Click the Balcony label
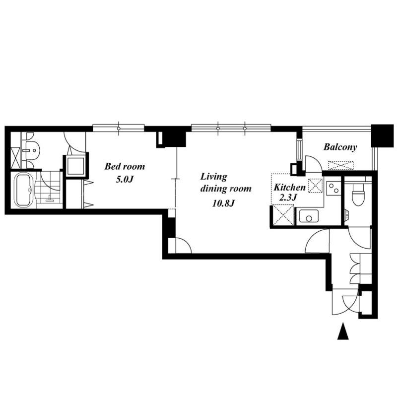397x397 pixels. pos(340,147)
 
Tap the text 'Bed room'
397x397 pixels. pos(125,166)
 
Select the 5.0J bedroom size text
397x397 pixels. pos(125,179)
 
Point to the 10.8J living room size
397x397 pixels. pos(224,203)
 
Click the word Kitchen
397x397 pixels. pos(290,188)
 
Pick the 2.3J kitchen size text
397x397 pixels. pos(288,197)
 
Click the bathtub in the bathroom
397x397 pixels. pos(25,190)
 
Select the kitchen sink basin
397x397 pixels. pos(309,216)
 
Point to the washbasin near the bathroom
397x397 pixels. pos(32,150)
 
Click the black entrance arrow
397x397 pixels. pos(343,331)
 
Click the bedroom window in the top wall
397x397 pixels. pos(119,128)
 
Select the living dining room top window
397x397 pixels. pos(231,128)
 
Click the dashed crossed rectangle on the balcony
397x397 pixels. pos(341,165)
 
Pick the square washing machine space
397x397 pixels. pos(75,166)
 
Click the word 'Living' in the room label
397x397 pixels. pos(214,177)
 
